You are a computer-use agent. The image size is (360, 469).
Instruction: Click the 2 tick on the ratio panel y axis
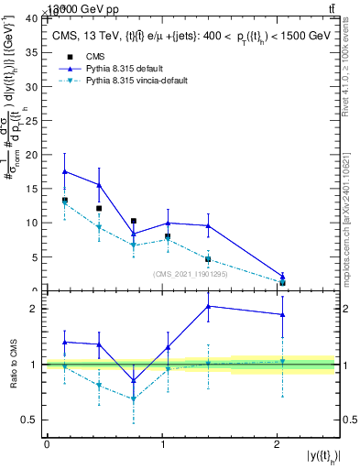[x=36, y=309]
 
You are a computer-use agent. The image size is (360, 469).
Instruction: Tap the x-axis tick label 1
[x=161, y=444]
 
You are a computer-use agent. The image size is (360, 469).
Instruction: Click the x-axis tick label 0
[x=47, y=444]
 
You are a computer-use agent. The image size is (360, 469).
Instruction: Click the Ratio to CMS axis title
[x=13, y=365]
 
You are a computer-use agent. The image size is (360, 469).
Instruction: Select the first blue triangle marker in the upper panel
[x=64, y=171]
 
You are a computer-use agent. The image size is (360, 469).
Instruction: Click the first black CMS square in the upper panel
[x=64, y=200]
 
